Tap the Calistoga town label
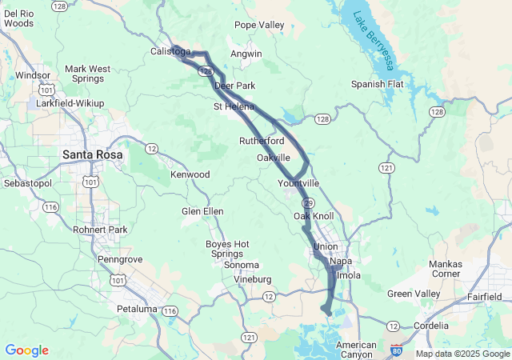click(170, 52)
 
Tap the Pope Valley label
click(259, 26)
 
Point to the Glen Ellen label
click(202, 211)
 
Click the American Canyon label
click(356, 350)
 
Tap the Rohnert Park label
click(100, 230)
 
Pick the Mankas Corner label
click(445, 269)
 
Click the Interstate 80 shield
click(398, 350)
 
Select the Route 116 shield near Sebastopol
click(51, 207)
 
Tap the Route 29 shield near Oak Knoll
click(307, 204)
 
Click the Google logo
click(27, 350)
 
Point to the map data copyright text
click(462, 354)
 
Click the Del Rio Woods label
click(18, 18)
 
